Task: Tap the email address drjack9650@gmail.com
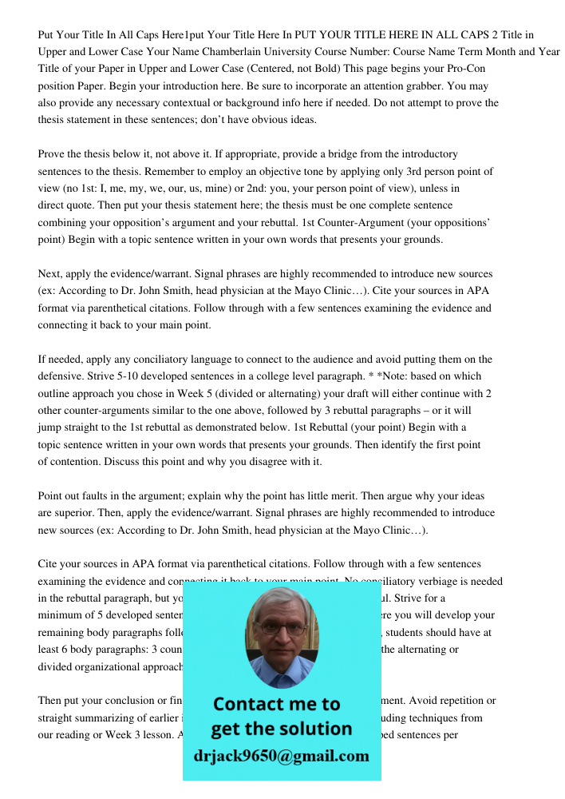pos(282,757)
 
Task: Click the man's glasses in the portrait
pos(282,628)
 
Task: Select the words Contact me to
pos(276,705)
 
